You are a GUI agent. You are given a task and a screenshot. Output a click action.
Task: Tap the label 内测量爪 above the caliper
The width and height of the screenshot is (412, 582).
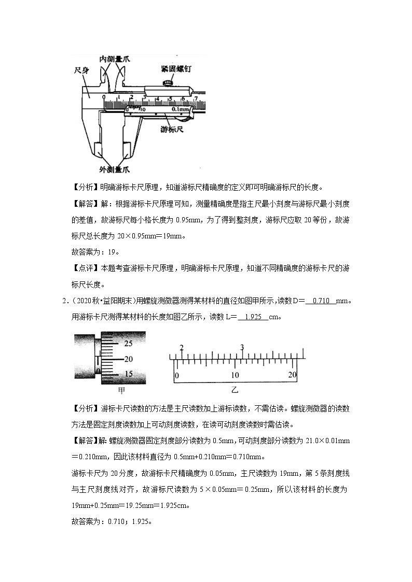pyautogui.click(x=115, y=60)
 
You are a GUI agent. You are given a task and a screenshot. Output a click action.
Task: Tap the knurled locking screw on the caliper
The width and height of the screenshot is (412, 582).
pyautogui.click(x=167, y=82)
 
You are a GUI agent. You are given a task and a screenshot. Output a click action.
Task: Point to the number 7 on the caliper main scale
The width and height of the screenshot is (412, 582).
pyautogui.click(x=196, y=97)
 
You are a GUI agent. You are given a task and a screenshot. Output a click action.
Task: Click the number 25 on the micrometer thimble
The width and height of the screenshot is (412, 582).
pyautogui.click(x=128, y=344)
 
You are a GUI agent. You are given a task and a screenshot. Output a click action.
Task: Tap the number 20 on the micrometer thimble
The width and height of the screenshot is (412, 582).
pyautogui.click(x=128, y=359)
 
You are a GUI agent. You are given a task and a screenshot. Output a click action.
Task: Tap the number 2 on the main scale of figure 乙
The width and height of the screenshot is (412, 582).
pyautogui.click(x=181, y=348)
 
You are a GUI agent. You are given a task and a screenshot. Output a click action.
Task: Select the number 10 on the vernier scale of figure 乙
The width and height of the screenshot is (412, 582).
pyautogui.click(x=235, y=375)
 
